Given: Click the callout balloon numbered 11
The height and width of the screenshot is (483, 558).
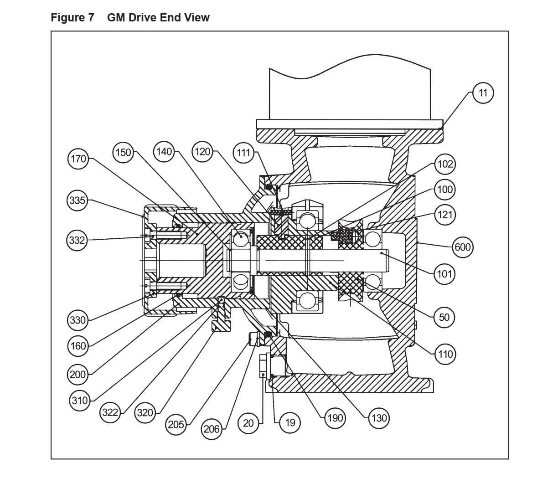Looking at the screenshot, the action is point(483,93).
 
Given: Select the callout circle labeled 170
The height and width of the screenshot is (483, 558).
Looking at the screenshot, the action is point(78,159).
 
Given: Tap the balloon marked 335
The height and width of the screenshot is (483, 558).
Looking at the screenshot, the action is point(77,200).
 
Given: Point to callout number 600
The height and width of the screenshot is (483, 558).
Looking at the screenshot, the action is point(463,247).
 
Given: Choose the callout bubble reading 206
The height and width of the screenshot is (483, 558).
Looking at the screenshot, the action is point(212,429).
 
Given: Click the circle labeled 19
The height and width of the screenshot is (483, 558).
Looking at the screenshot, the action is point(290,422).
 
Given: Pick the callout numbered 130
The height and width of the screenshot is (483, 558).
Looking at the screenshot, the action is point(379,418).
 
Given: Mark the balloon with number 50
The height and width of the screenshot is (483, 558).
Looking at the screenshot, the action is point(444,317).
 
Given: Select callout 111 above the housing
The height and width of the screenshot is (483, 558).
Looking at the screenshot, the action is point(243,153).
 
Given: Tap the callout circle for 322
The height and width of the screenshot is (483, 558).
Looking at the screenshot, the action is point(110,412).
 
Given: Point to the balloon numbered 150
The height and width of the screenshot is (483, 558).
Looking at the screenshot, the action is point(123,153).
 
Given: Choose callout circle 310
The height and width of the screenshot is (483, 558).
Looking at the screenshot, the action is point(80,401).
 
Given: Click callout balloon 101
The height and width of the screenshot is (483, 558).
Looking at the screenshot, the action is point(444,274).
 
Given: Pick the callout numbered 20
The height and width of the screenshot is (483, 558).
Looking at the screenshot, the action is point(248,423).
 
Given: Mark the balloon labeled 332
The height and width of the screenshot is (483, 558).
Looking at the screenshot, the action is point(77,240).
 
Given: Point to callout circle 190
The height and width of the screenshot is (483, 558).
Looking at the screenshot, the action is point(335,418).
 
